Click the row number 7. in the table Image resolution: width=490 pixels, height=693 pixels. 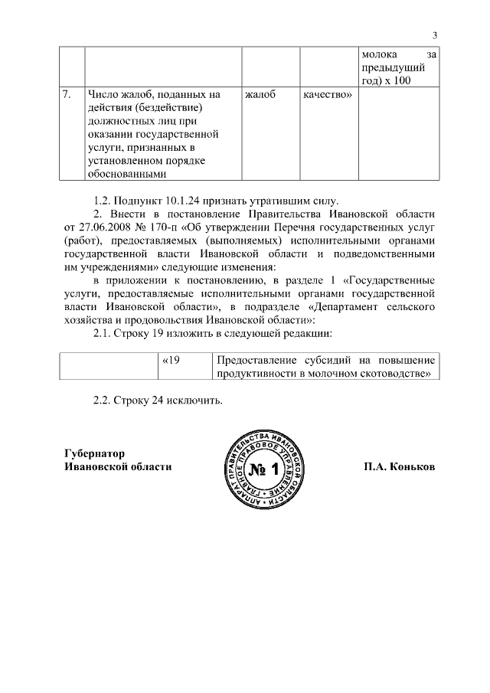pyautogui.click(x=67, y=95)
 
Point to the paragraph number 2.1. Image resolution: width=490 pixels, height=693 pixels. pyautogui.click(x=102, y=334)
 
